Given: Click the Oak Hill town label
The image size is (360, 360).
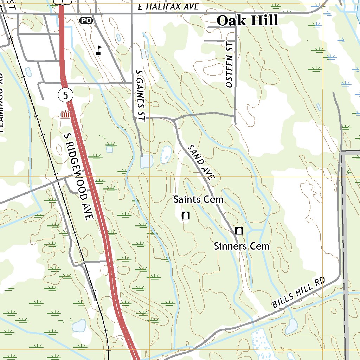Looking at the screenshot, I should [247, 20].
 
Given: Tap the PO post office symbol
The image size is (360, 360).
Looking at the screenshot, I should [86, 21].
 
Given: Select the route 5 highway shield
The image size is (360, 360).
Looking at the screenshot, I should [65, 95].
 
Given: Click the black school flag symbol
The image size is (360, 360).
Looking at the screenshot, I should [99, 50].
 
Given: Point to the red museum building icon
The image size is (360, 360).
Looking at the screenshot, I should [65, 114].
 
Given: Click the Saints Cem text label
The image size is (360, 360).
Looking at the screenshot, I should [198, 200].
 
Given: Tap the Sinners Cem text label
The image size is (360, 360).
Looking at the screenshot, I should [242, 246].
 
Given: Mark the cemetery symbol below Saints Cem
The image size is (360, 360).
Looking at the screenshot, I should [186, 216].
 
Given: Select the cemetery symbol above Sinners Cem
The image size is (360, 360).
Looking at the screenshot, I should [239, 231].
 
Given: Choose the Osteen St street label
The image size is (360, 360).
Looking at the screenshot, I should [229, 71].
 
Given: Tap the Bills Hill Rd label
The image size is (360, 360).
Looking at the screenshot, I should [300, 293].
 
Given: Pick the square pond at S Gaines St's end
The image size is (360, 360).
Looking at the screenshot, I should [147, 161].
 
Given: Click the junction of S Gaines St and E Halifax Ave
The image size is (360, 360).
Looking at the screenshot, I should [132, 13].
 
